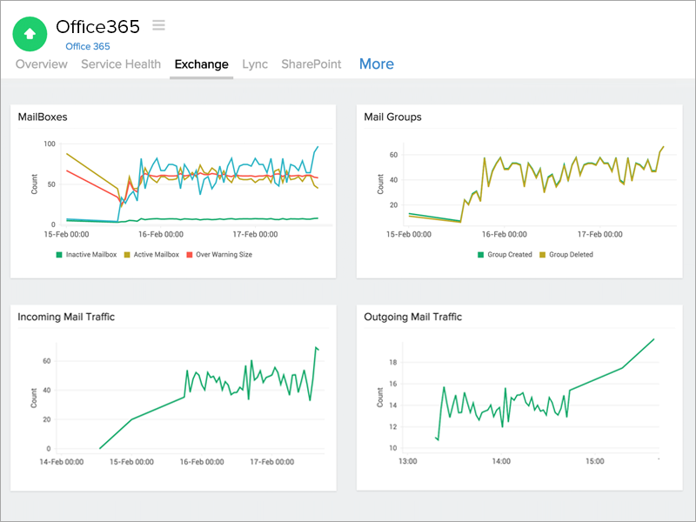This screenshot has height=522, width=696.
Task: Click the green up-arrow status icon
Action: click(30, 34)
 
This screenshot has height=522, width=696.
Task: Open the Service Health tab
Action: click(121, 64)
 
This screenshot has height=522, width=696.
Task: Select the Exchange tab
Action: click(201, 64)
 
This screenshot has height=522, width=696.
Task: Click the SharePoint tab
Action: click(311, 64)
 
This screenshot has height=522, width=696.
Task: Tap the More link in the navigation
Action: click(376, 64)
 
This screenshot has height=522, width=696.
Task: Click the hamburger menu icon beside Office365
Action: click(158, 25)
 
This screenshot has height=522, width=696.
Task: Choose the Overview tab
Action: click(42, 64)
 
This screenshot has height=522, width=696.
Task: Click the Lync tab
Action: click(255, 64)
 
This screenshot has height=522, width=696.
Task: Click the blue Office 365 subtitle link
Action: click(89, 46)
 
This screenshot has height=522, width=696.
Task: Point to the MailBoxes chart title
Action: click(43, 117)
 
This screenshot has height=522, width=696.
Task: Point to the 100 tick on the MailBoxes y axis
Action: click(49, 144)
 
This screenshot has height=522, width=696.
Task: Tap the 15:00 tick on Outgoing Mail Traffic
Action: click(593, 461)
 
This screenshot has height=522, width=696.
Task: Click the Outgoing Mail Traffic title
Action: click(412, 318)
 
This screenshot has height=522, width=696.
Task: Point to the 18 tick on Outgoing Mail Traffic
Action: click(391, 362)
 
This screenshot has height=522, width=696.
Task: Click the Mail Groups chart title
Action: click(392, 117)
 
